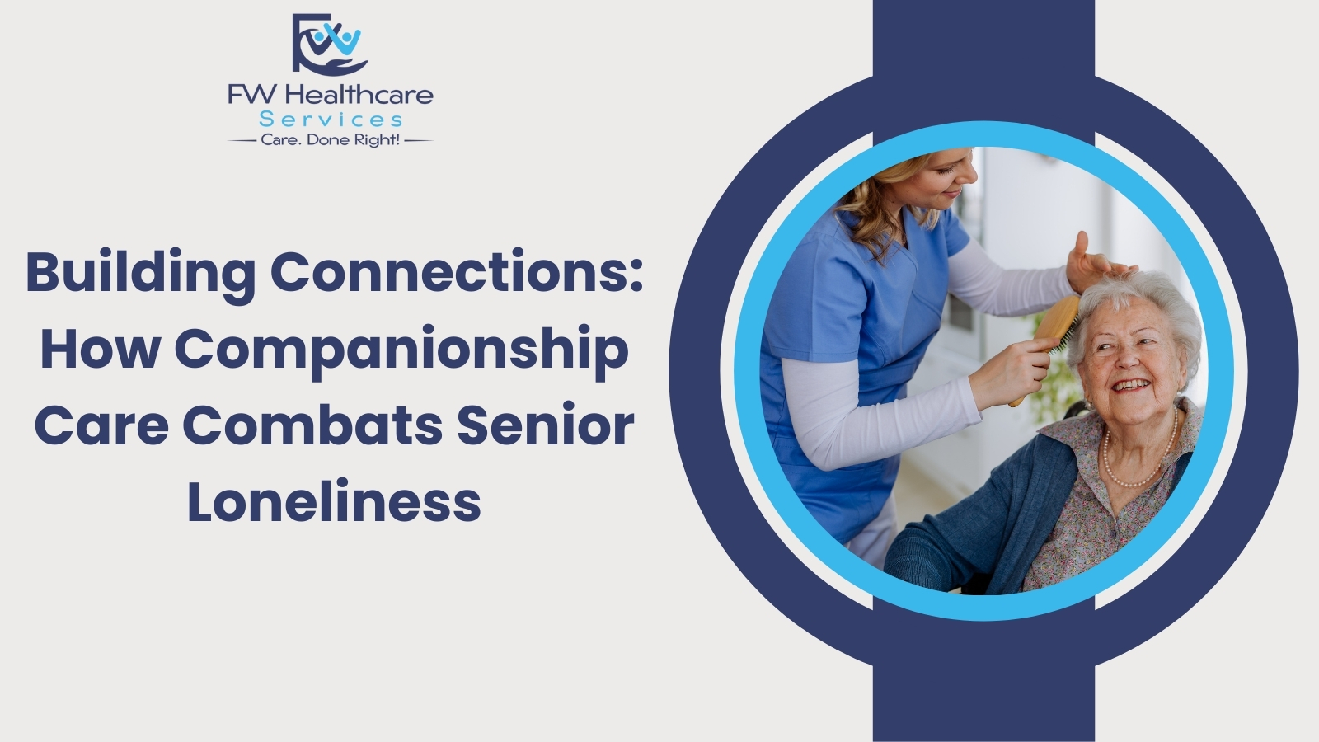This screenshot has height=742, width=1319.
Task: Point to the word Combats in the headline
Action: click(x=312, y=426)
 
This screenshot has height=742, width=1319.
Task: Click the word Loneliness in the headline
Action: click(x=334, y=502)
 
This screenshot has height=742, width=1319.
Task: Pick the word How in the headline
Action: click(x=100, y=350)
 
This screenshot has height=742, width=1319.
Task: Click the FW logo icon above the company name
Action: click(x=330, y=45)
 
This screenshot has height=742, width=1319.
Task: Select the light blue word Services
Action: click(x=331, y=120)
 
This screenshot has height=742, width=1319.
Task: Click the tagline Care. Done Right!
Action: click(x=331, y=140)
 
